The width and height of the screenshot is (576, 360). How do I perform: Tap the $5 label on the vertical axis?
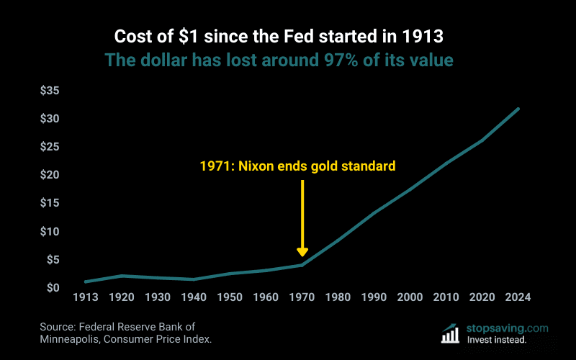[x=53, y=260]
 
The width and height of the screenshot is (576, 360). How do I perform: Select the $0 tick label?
[x=53, y=288]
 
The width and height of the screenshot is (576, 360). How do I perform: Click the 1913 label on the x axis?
[x=86, y=297]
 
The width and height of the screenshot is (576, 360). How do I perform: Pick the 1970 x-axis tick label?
[x=302, y=297]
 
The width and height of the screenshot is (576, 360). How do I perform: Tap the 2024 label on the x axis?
[x=518, y=297]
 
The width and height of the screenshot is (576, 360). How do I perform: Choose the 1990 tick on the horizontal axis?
[x=374, y=297]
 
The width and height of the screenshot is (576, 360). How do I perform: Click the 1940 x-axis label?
[x=194, y=297]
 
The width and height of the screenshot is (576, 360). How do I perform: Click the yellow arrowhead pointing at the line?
[x=302, y=251]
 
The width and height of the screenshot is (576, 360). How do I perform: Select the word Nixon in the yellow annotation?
[x=256, y=166]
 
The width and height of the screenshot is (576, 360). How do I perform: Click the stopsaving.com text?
[x=508, y=328]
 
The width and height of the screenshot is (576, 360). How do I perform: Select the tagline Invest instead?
[x=497, y=339]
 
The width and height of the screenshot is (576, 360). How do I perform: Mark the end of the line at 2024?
[x=518, y=109]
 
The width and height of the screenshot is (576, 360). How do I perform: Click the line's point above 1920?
[x=122, y=276]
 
